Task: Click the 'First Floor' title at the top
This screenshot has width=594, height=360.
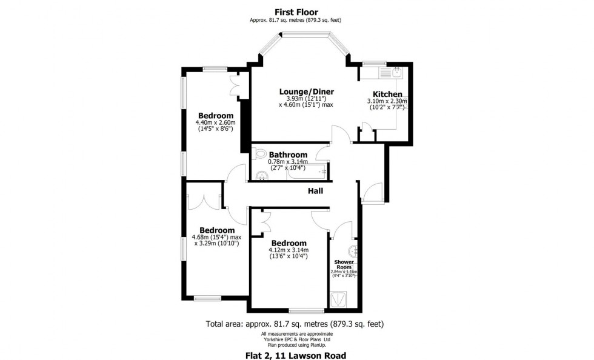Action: coord(296,12)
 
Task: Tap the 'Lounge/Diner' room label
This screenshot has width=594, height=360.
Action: coord(306,92)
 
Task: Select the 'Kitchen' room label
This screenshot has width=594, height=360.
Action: coord(387,94)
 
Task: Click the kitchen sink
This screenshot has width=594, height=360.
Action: coord(396,73)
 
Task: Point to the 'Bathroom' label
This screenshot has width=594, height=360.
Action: coord(288,155)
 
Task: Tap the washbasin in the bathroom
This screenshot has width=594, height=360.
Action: coord(261,176)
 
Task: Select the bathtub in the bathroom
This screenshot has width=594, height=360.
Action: coord(308,175)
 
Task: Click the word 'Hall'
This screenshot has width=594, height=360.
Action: coord(315,191)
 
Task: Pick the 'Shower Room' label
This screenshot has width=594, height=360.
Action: coord(343,264)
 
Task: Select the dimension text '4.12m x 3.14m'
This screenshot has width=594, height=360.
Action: coord(289,250)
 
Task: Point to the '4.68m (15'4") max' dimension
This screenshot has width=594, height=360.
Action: coord(216,237)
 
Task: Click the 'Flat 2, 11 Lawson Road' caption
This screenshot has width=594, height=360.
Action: coord(296,355)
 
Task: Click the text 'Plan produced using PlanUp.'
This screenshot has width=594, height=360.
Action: coord(296,344)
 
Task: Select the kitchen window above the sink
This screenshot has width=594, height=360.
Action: coord(375,62)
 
